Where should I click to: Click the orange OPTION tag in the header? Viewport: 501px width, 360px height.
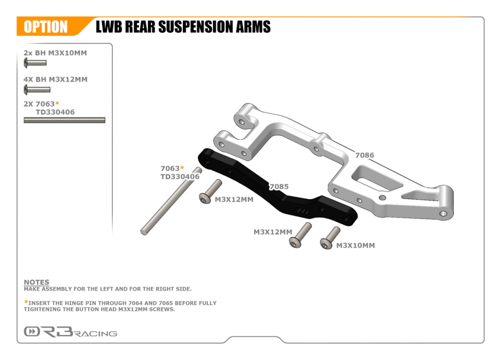[46, 27]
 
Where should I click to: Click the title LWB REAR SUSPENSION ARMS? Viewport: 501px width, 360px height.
[183, 27]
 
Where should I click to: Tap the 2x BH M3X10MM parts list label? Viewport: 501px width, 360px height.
[55, 53]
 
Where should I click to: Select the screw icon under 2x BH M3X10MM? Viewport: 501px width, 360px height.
[35, 63]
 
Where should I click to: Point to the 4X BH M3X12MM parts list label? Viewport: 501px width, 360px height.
[56, 79]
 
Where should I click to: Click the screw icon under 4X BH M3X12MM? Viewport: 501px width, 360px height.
[37, 90]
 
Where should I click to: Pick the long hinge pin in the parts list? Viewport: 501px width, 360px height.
[64, 120]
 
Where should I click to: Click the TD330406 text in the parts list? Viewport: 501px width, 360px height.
[55, 112]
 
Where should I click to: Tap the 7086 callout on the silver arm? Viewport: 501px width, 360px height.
[364, 155]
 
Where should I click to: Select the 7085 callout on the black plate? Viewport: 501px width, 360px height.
[279, 187]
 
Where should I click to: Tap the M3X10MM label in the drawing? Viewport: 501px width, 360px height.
[355, 245]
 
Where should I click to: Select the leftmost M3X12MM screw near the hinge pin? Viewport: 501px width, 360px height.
[210, 192]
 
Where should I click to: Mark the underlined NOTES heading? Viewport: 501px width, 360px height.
[37, 282]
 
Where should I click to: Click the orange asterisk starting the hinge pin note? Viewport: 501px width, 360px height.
[26, 302]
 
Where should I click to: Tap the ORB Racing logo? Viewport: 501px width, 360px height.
[70, 332]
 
